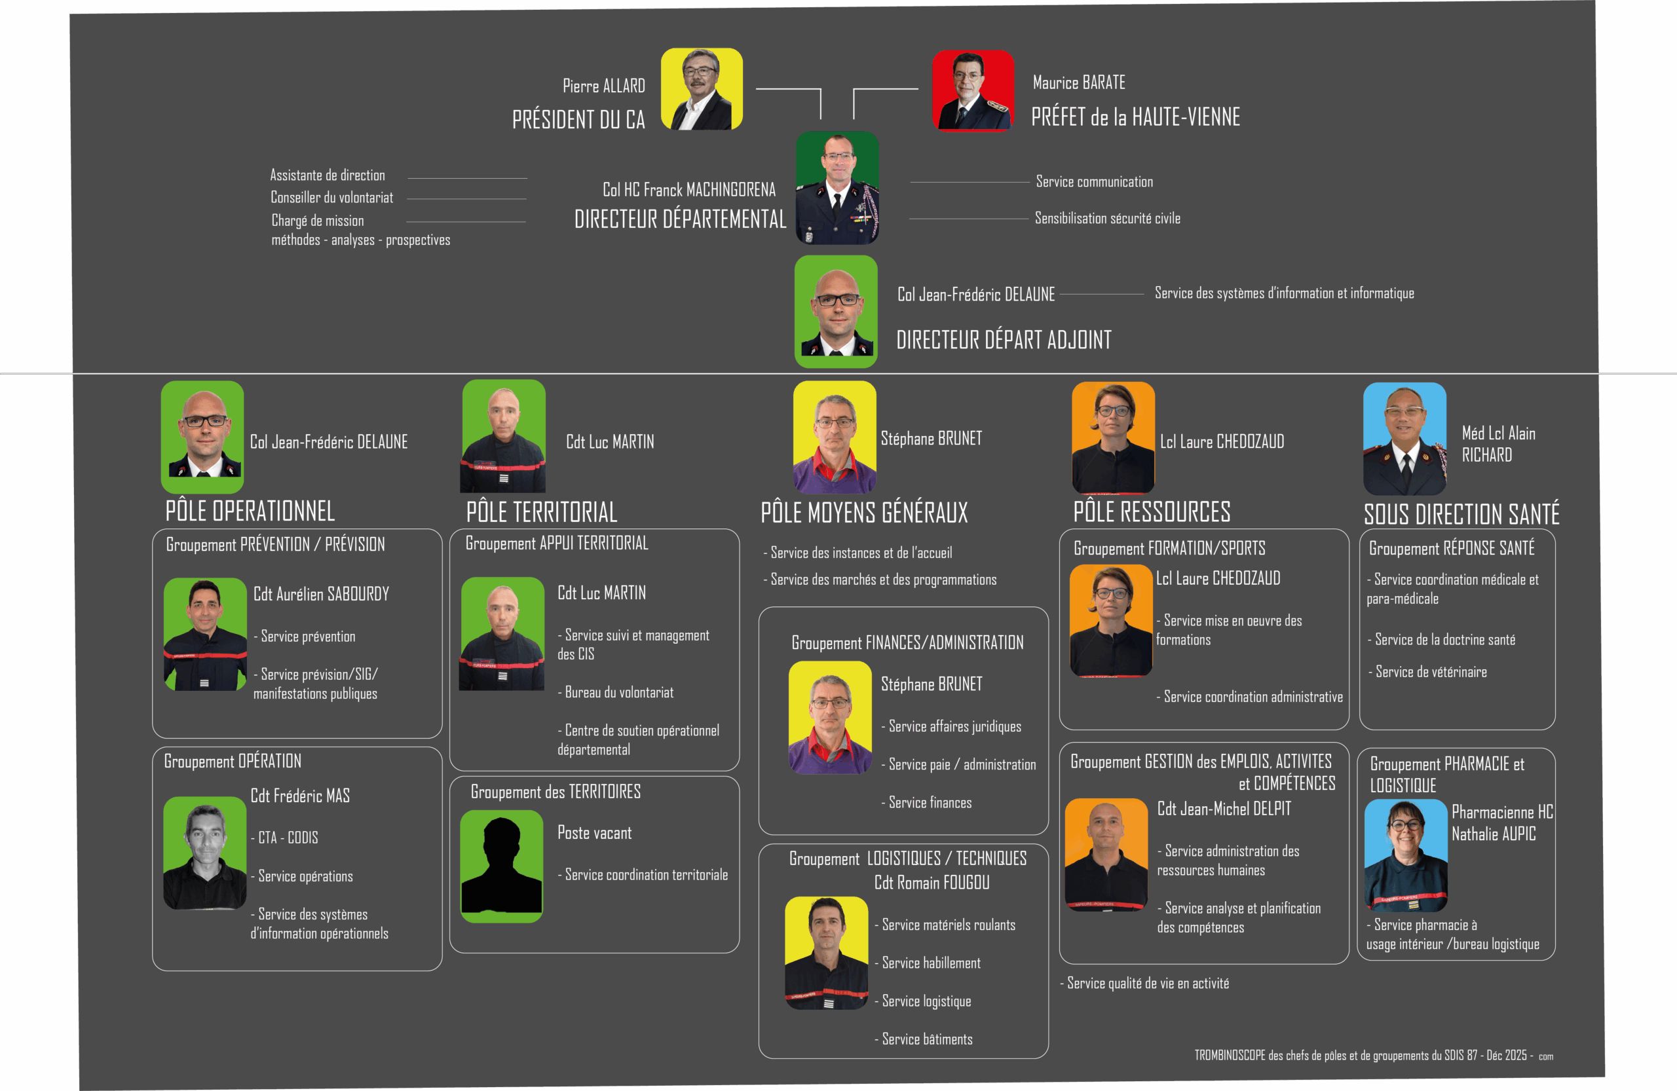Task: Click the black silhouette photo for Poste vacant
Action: pos(501,866)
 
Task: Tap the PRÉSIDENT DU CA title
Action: pos(578,120)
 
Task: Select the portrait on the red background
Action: pos(973,91)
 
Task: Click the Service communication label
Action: pos(1094,181)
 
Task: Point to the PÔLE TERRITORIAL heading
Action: pos(541,512)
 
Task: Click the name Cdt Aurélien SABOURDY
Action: pos(321,595)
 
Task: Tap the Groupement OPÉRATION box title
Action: pos(233,762)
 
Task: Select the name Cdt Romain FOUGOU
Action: pos(932,883)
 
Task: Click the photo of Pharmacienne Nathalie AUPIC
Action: pos(1406,855)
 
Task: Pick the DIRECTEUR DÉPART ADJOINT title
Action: pos(1004,340)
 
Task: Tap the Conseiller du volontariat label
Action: pos(332,198)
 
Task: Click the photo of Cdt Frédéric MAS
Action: pos(205,853)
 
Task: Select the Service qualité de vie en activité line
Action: pos(1147,983)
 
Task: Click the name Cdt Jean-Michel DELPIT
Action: pos(1224,809)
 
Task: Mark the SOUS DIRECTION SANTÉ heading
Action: pos(1461,514)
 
